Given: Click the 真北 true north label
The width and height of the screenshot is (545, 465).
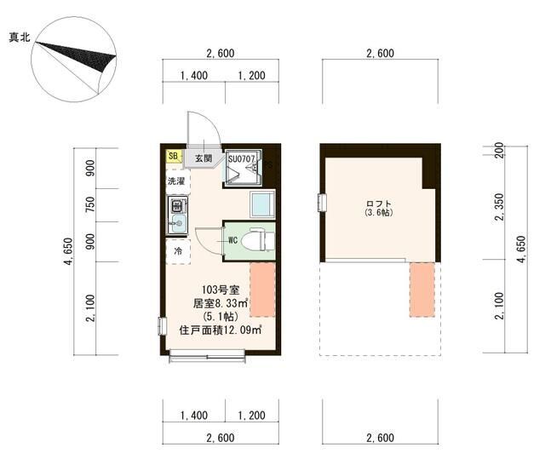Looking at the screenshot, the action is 20,37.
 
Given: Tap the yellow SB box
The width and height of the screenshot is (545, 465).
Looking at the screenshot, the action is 173,156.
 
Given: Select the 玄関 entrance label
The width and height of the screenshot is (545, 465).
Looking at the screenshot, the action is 204,158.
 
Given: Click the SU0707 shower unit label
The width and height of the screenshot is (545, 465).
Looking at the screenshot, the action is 242,159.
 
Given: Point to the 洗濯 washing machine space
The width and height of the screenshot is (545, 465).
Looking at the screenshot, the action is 178,181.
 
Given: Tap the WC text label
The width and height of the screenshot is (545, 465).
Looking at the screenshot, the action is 232,240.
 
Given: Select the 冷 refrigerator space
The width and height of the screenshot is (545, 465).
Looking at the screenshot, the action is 178,251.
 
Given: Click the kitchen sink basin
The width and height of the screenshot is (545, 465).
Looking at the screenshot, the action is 178,221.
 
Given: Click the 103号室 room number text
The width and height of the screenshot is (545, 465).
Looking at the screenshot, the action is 221,290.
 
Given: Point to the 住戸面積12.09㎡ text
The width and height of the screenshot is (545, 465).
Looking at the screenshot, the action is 221,330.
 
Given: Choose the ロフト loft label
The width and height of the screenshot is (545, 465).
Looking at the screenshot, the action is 379,204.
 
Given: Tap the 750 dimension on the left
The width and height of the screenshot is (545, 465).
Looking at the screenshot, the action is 90,204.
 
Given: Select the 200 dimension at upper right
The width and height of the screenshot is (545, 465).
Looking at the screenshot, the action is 499,150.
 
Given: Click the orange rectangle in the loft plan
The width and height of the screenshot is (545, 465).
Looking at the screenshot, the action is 422,290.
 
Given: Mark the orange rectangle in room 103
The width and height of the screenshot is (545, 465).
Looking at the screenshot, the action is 263,290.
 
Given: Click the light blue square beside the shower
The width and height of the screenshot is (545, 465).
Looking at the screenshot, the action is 262,204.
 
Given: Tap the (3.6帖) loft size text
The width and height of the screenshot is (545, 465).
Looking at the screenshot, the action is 379,213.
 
